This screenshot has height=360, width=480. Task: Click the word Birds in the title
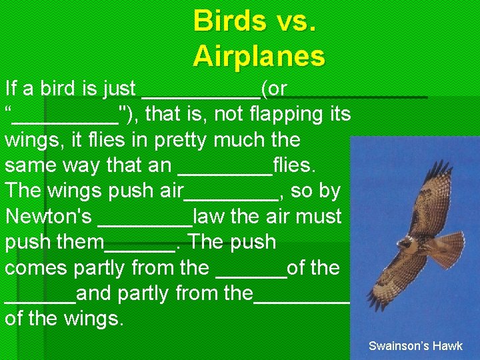pyautogui.click(x=225, y=21)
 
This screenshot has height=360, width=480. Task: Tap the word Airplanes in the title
pyautogui.click(x=259, y=57)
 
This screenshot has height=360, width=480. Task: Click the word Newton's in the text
pyautogui.click(x=48, y=217)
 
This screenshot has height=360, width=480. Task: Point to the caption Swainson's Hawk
pyautogui.click(x=415, y=346)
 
